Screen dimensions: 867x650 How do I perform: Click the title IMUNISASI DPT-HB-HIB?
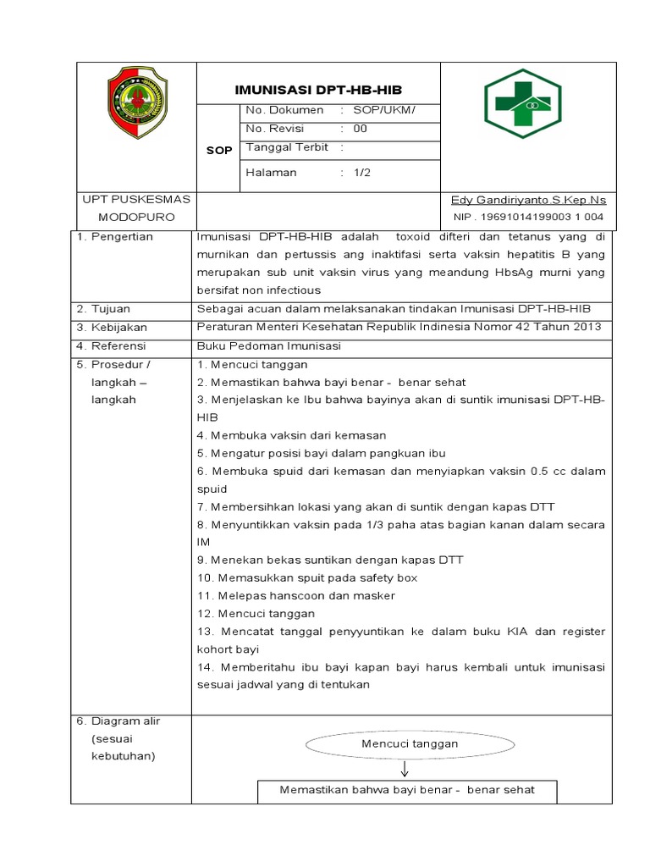coord(329,90)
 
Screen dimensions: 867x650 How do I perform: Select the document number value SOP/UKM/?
coord(389,110)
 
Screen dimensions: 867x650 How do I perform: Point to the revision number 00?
coord(361,129)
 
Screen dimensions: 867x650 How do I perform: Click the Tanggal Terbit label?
coord(287,147)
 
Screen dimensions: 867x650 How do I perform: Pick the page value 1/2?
coord(362,173)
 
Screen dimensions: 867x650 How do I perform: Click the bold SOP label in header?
coord(218,151)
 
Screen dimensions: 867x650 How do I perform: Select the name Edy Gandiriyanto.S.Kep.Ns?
coord(528,200)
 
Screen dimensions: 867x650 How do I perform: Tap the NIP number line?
coord(528,217)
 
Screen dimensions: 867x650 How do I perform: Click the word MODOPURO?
coord(135,217)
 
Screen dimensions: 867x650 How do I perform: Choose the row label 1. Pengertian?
coord(115,237)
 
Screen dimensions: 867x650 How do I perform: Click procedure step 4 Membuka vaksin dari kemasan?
coord(291,435)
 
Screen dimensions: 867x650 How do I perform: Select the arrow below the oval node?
coord(405,769)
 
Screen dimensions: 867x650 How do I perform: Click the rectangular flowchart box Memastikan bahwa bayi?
coord(407,790)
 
